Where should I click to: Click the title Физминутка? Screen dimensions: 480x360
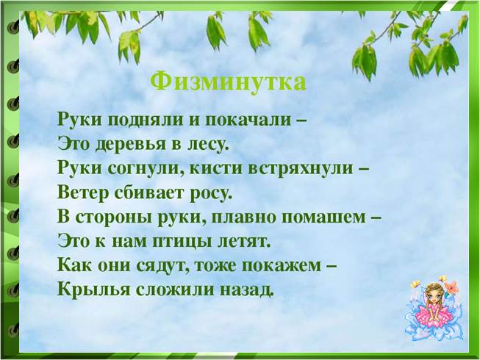pos(228,83)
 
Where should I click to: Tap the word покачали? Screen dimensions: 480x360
pos(247,120)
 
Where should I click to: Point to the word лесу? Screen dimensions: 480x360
pos(208,144)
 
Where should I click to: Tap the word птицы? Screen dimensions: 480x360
pos(182,242)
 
